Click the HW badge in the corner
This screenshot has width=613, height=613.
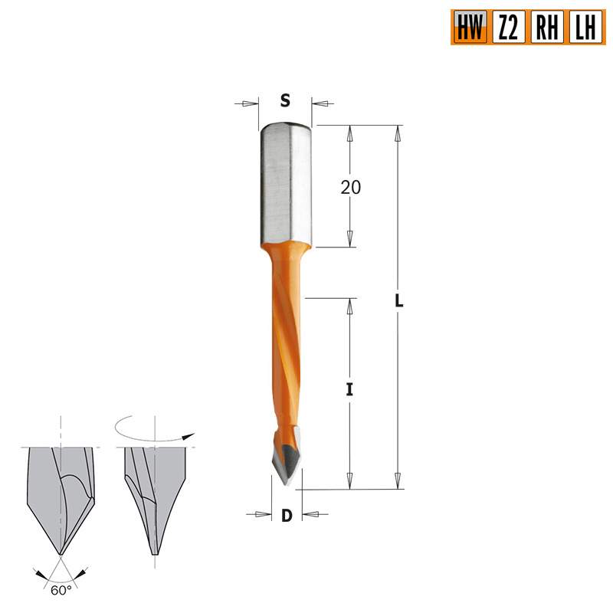pyautogui.click(x=469, y=28)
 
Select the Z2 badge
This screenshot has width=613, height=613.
pyautogui.click(x=508, y=28)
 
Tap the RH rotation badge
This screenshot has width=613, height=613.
pyautogui.click(x=547, y=28)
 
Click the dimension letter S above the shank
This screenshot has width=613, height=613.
pyautogui.click(x=285, y=101)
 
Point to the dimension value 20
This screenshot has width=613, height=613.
pyautogui.click(x=350, y=188)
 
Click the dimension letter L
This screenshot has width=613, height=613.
pyautogui.click(x=398, y=301)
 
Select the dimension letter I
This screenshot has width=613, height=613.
pyautogui.click(x=349, y=389)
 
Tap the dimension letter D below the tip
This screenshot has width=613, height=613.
pyautogui.click(x=287, y=516)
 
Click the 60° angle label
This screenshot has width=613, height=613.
pyautogui.click(x=60, y=591)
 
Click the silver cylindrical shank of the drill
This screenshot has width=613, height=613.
pyautogui.click(x=285, y=184)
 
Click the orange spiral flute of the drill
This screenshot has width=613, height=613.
pyautogui.click(x=284, y=345)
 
